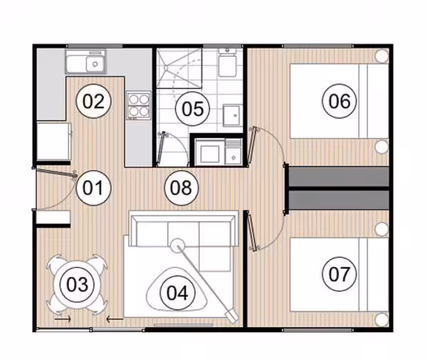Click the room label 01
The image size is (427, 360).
[93, 188]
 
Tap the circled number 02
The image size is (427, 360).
[93, 101]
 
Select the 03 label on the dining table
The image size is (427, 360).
[78, 285]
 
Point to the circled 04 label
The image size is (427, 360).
[177, 293]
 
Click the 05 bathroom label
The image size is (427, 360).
[193, 108]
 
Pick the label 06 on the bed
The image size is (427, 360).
[339, 101]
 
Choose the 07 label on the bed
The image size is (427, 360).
[339, 274]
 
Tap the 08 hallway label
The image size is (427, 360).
[181, 188]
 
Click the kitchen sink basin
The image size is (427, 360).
[95, 64]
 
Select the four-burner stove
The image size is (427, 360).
[139, 106]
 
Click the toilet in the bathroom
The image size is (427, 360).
[227, 63]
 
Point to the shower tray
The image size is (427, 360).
[179, 68]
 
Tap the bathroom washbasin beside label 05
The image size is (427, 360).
[232, 116]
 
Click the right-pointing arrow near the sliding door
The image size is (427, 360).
[63, 319]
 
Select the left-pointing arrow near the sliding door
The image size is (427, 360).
[115, 319]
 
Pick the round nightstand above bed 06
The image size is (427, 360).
[381, 55]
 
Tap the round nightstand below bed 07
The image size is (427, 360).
[381, 319]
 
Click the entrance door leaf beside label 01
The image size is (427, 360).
[56, 173]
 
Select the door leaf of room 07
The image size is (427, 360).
[252, 231]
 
